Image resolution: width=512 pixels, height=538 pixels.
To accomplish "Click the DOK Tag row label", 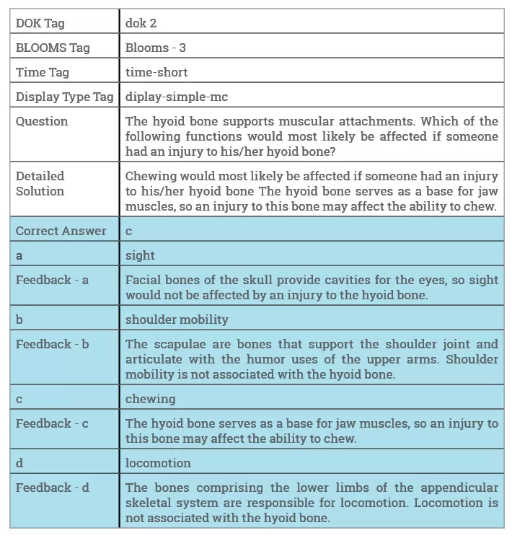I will pyautogui.click(x=40, y=23).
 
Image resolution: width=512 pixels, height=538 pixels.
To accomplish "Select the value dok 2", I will pyautogui.click(x=141, y=23).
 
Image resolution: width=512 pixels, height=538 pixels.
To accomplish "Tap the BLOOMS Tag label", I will pyautogui.click(x=53, y=48).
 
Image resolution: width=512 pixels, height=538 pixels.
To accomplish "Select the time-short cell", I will pyautogui.click(x=156, y=72).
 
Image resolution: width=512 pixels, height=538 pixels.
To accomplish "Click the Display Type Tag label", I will pyautogui.click(x=64, y=97).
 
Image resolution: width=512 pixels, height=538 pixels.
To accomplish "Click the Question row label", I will pyautogui.click(x=42, y=121).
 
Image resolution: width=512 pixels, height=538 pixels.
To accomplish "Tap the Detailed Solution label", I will pyautogui.click(x=40, y=183).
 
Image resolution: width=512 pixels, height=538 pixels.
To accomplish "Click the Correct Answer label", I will pyautogui.click(x=61, y=231).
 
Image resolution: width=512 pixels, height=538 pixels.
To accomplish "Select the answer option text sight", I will pyautogui.click(x=140, y=255).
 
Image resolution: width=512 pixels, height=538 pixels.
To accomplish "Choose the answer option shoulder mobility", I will pyautogui.click(x=177, y=319).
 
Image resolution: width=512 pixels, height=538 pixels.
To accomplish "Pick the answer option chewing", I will pyautogui.click(x=150, y=399).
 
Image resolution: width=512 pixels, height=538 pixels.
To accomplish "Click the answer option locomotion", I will pyautogui.click(x=158, y=463).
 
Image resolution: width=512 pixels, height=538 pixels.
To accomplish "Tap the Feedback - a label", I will pyautogui.click(x=52, y=280).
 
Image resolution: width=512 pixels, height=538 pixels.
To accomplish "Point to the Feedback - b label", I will pyautogui.click(x=52, y=344).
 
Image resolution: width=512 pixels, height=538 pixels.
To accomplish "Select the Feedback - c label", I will pyautogui.click(x=52, y=423).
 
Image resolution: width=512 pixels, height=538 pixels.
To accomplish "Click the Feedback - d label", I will pyautogui.click(x=52, y=488).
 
